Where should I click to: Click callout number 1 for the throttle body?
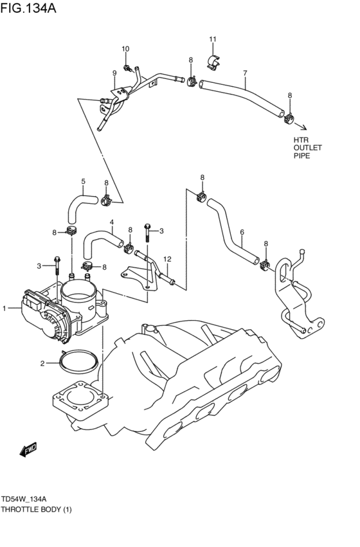tap(4, 309)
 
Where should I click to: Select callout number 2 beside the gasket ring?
tap(43, 364)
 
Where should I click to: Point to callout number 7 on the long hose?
tap(245, 73)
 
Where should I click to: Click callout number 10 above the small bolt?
tap(126, 49)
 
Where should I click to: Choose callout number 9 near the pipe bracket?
tap(114, 73)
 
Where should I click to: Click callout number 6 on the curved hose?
tap(242, 233)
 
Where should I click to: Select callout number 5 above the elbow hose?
tap(83, 181)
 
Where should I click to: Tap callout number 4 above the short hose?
tap(111, 223)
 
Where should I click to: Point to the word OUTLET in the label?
tap(307, 148)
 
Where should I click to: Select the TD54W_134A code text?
tap(28, 499)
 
